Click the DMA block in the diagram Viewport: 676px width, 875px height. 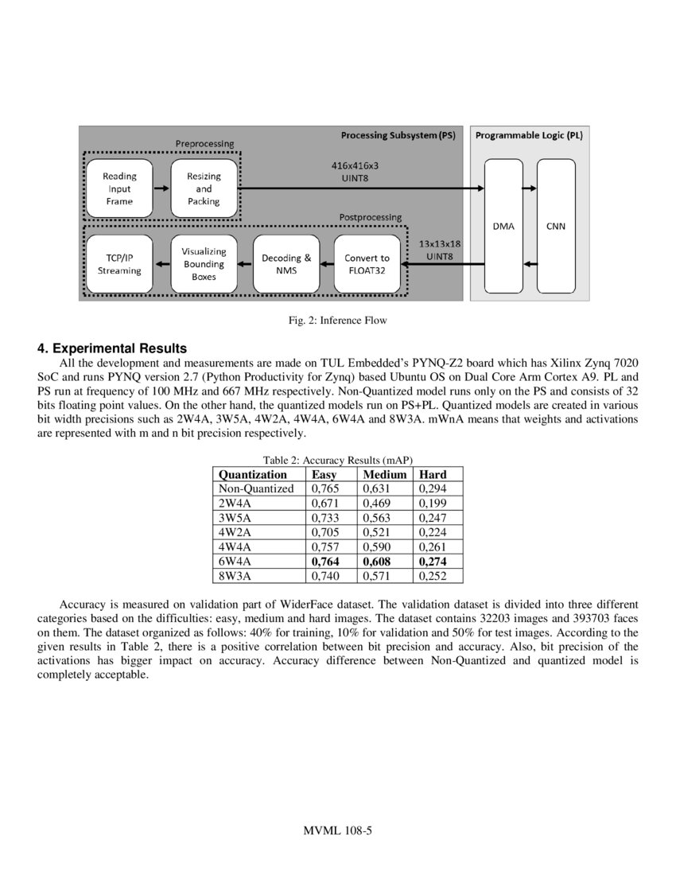[503, 225]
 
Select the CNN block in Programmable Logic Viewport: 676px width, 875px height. [556, 225]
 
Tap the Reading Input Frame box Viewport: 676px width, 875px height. [118, 189]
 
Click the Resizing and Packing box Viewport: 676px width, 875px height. [204, 189]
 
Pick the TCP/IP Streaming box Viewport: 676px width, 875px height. [118, 264]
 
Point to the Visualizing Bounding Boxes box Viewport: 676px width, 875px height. [204, 264]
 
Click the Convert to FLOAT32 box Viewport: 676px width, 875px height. [367, 264]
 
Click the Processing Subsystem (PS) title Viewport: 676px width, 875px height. [398, 135]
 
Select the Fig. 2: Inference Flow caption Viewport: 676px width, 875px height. [337, 321]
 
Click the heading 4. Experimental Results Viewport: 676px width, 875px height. [112, 348]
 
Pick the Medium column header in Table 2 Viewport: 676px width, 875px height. [385, 474]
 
